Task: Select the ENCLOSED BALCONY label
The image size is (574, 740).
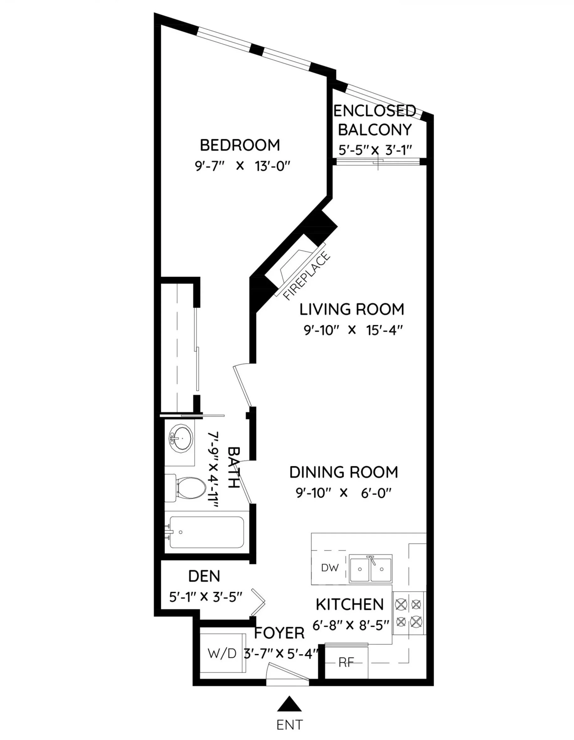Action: [x=375, y=120]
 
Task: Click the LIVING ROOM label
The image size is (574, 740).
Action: [x=352, y=309]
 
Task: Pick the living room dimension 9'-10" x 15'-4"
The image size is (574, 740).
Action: [x=353, y=330]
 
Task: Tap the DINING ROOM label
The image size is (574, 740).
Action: [x=343, y=472]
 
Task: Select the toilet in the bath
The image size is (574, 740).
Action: [x=186, y=488]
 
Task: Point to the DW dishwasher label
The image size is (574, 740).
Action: [x=330, y=568]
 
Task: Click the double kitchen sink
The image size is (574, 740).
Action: [x=371, y=568]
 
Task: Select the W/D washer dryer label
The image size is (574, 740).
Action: [x=222, y=653]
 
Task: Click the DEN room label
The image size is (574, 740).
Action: [x=204, y=576]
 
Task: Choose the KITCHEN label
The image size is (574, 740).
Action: [x=350, y=604]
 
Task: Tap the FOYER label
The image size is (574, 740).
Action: [x=279, y=633]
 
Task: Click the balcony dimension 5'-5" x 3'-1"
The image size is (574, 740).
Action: [x=375, y=150]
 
